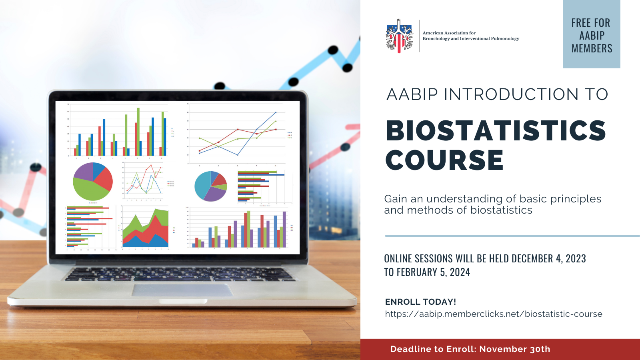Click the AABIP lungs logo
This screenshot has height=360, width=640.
tap(400, 36)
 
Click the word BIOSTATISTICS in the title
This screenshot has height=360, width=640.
tap(496, 130)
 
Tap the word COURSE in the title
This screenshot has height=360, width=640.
tap(444, 160)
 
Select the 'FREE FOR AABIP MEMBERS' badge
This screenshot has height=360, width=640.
tap(592, 34)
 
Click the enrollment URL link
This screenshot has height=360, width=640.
tap(494, 314)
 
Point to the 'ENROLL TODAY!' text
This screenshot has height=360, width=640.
tap(420, 302)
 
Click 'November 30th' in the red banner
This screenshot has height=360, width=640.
tap(514, 349)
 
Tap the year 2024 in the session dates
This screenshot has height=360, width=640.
tap(460, 272)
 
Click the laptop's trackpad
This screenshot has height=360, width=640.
tap(182, 290)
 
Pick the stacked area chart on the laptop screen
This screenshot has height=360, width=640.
tap(146, 228)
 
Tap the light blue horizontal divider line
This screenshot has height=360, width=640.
tap(512, 236)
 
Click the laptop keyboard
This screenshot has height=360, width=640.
tap(180, 274)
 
